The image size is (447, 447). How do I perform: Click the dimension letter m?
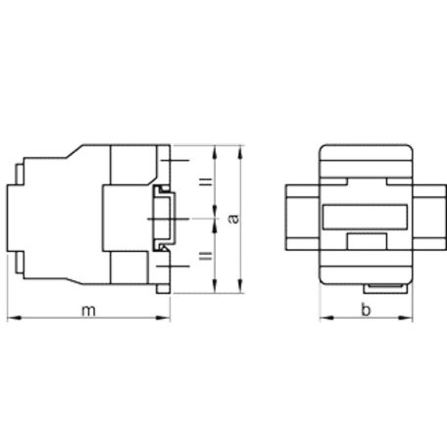tap(88, 310)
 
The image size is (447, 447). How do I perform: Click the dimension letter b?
tap(364, 310)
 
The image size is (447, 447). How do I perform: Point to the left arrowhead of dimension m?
tap(12, 319)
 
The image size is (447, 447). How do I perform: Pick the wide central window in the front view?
tap(364, 218)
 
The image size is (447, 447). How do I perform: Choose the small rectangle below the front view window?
tap(364, 241)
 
